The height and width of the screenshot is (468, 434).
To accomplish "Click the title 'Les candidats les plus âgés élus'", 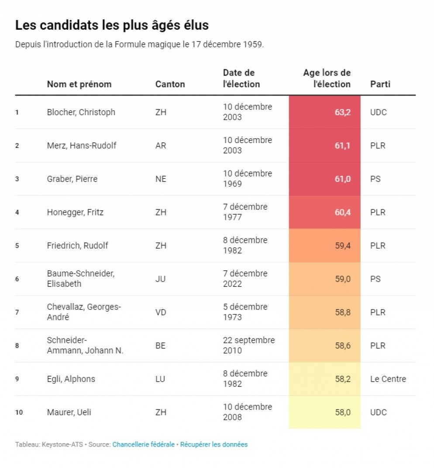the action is pos(112,25).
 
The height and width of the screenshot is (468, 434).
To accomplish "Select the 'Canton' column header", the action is pos(170,84).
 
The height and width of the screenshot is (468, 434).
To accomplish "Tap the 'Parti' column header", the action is pos(380,84).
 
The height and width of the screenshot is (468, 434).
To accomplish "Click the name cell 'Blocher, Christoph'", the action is pos(81,112).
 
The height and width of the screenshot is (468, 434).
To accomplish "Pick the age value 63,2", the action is pos(343,112).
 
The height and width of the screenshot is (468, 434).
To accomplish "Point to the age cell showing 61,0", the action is pos(343,179).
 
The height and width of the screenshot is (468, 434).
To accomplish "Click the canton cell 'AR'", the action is pos(161,146).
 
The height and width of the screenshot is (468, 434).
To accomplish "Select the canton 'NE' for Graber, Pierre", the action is pos(161,179).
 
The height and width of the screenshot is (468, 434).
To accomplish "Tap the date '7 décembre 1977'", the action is pos(245,212).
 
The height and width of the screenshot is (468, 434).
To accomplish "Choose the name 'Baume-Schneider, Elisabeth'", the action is pos(81,278).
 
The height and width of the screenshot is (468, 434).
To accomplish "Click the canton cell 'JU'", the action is pos(160,279).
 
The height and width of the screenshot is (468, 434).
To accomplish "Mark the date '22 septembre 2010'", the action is pos(249,345).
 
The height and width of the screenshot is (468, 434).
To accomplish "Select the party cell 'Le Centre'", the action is pos(388,379).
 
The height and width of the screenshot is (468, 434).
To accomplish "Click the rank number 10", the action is pos(19,412).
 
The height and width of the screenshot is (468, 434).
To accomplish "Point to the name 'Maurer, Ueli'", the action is pos(69,412).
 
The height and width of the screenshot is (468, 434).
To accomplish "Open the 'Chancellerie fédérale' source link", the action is pos(143,444).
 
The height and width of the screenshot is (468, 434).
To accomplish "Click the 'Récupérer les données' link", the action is pos(214,444).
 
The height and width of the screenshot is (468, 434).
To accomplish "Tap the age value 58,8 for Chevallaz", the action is pos(343,312).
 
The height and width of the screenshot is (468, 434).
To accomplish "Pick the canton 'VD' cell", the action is pos(161,312).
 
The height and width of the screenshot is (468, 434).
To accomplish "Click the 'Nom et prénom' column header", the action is pos(79,84).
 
